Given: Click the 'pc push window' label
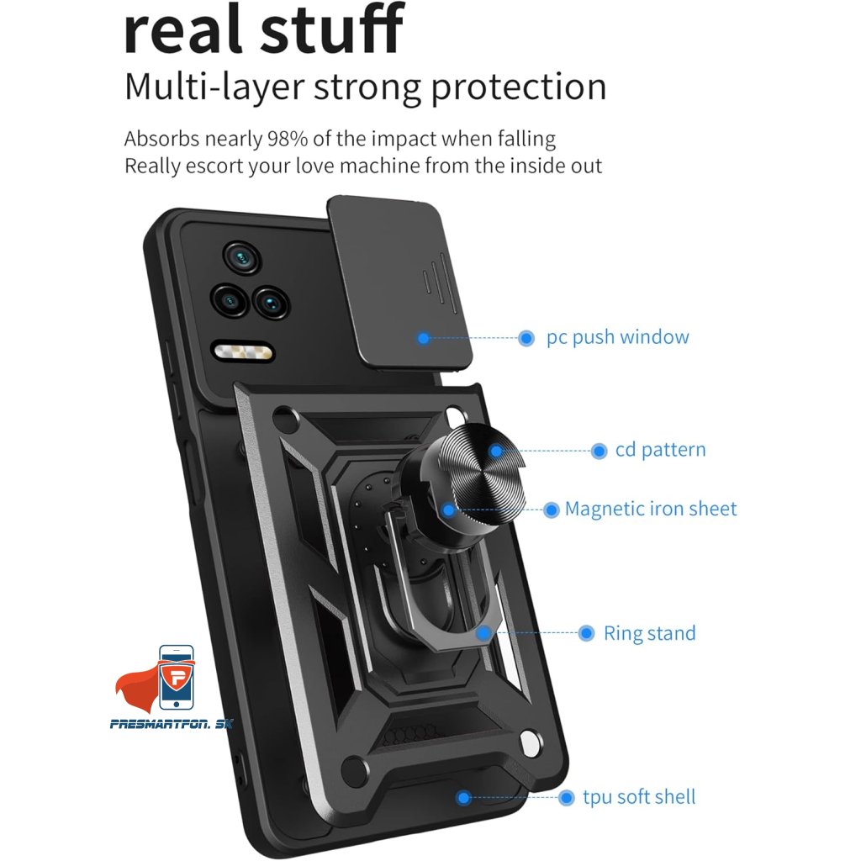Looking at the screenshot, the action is click(x=617, y=338).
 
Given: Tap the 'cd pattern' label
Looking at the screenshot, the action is click(x=660, y=450).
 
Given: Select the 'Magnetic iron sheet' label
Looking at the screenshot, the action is click(x=651, y=509).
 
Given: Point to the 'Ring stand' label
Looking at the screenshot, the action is click(x=649, y=633).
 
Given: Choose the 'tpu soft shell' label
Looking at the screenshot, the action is click(x=639, y=796).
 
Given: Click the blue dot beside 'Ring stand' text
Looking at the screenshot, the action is click(x=587, y=633).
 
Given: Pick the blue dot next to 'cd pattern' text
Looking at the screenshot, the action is click(x=599, y=451).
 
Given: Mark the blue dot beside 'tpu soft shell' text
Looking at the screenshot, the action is click(x=566, y=796).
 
